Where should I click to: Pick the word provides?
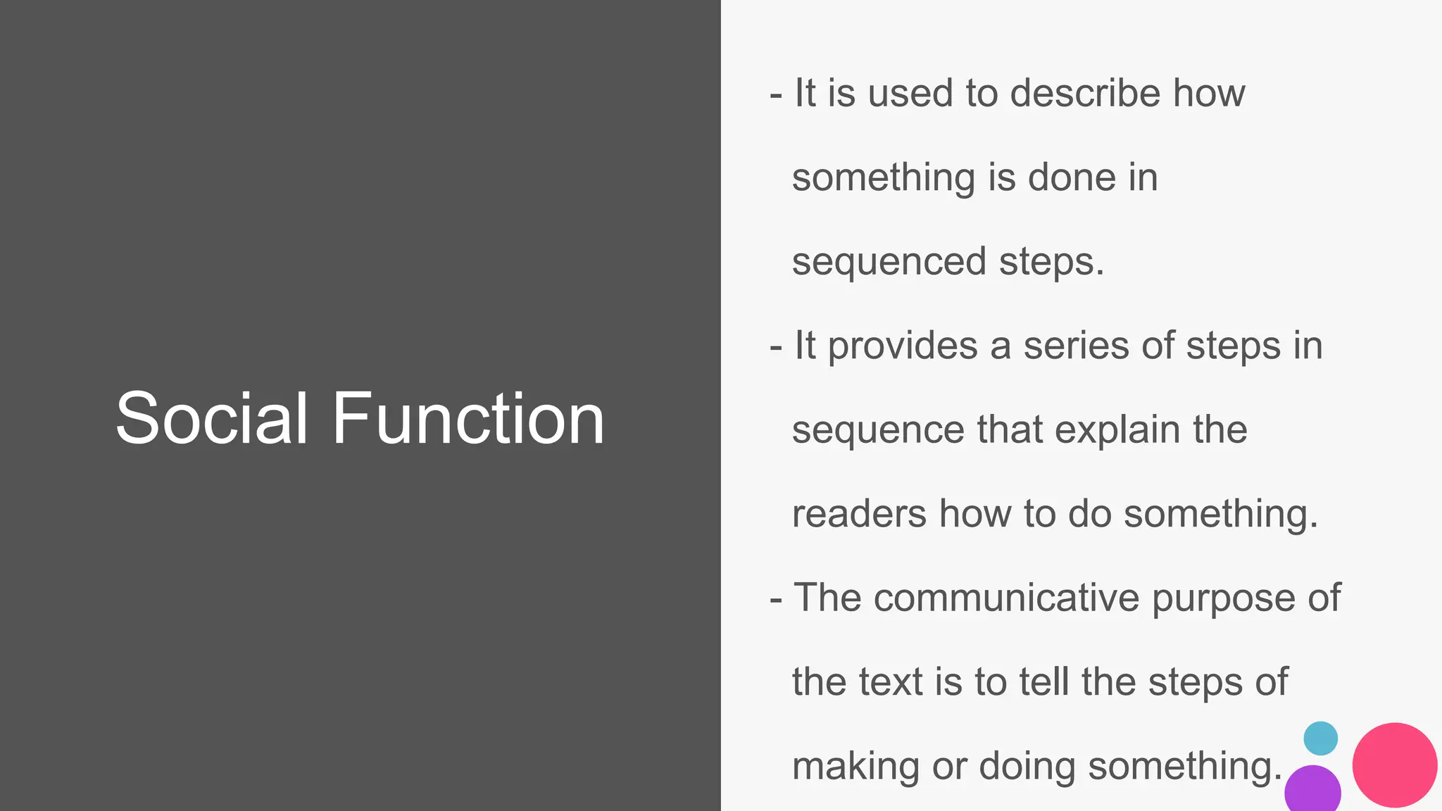[903, 347]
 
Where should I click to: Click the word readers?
[859, 514]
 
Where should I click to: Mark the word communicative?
[1007, 598]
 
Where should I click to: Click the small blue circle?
[1320, 738]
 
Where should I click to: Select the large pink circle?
[1394, 765]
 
